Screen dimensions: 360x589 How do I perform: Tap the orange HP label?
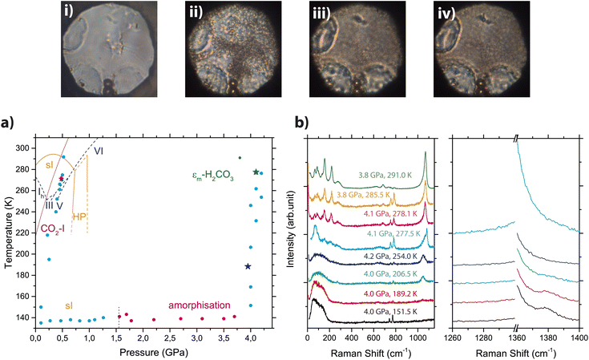[80, 216]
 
